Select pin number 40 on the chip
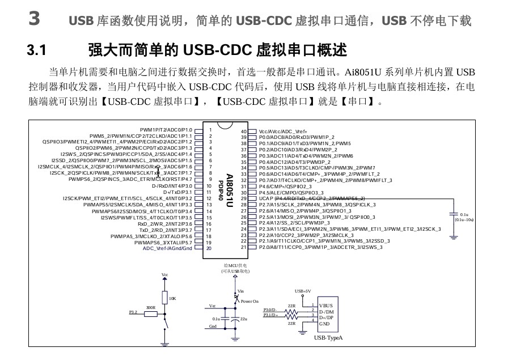[x=244, y=131]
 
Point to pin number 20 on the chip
[x=209, y=248]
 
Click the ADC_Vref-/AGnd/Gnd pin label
[x=168, y=248]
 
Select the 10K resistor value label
[x=172, y=298]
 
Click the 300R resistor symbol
[x=151, y=313]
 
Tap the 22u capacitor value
[x=244, y=319]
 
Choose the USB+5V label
[x=302, y=291]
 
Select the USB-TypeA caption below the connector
[x=328, y=338]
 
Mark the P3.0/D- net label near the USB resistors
[x=270, y=310]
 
